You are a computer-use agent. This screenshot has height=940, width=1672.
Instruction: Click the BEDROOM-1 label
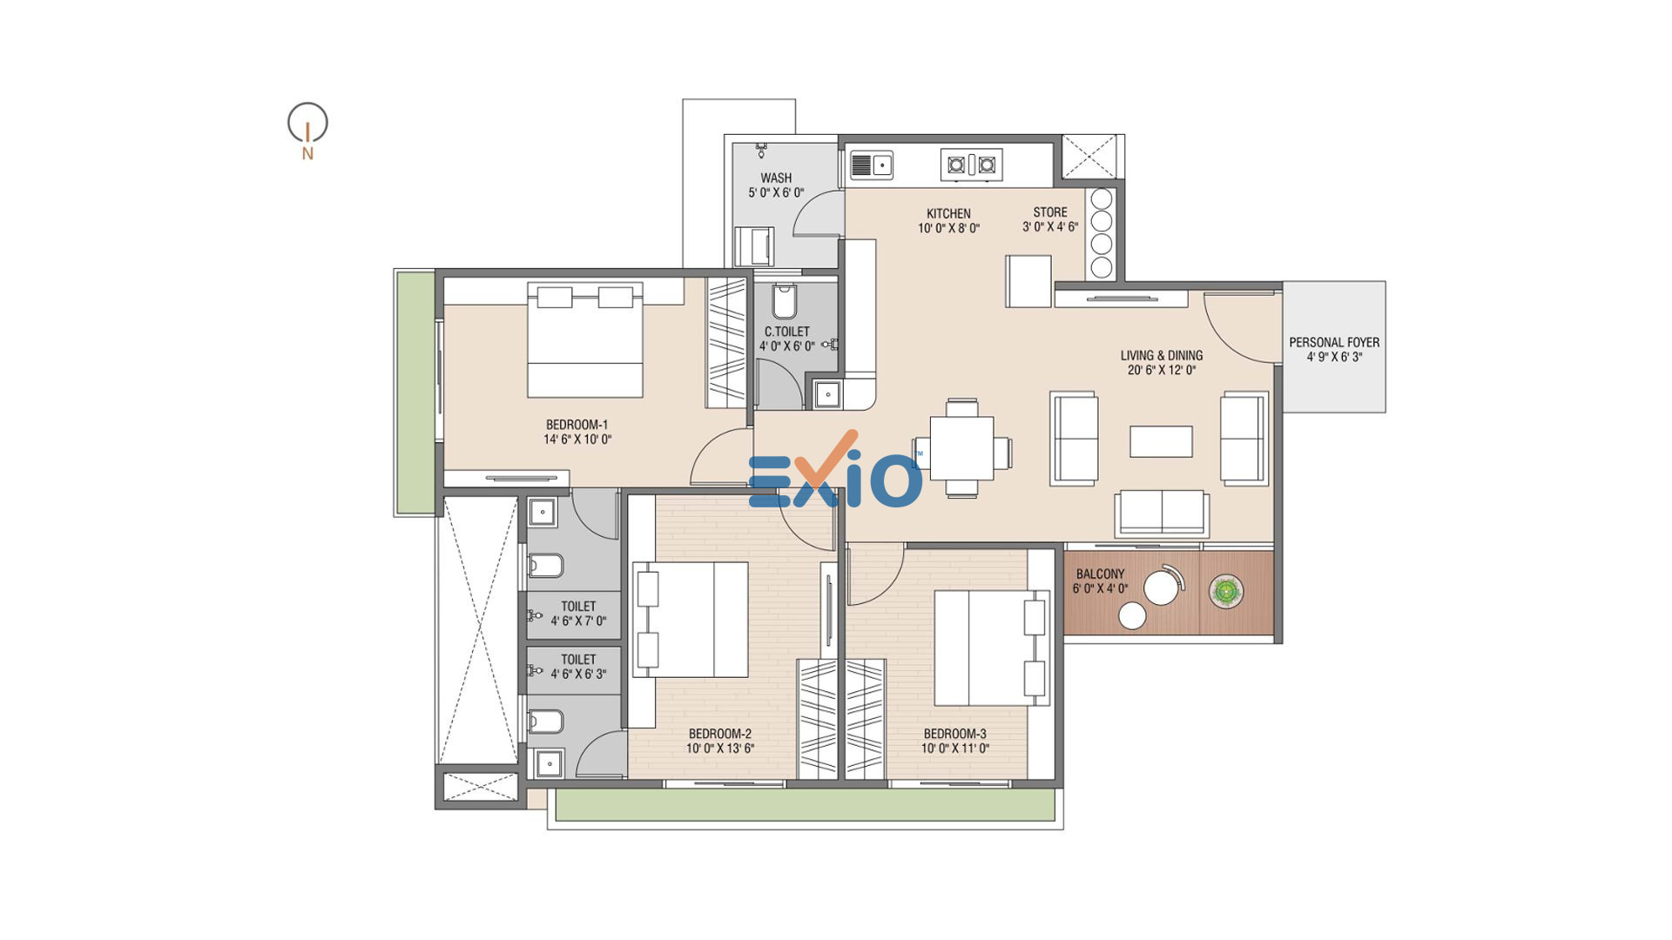(576, 425)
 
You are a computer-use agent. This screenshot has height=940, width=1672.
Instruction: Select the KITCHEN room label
(948, 213)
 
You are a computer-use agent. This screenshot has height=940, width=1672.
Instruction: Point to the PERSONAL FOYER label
(1334, 342)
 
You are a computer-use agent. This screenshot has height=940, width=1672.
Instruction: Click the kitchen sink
(871, 164)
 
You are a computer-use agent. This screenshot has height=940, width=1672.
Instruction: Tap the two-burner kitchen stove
(971, 164)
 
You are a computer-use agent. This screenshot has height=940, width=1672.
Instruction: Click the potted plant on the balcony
(1226, 592)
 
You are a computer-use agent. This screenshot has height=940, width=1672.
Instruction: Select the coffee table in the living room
(1161, 441)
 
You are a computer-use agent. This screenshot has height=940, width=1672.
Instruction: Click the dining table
(961, 447)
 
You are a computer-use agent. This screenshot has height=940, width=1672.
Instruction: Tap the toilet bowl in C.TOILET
(784, 301)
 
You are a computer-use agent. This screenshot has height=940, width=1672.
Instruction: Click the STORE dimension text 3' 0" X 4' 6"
(1050, 227)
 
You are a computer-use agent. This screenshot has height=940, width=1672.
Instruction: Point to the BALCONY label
(1100, 574)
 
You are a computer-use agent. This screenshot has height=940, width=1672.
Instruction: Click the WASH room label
(776, 178)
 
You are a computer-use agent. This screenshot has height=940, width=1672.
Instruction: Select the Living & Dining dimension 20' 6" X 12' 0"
(1162, 370)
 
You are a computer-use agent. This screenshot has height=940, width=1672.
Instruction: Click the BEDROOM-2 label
(719, 734)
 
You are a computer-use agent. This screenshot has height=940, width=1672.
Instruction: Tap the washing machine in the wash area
(754, 246)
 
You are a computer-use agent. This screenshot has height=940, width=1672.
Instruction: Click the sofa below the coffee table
(1162, 514)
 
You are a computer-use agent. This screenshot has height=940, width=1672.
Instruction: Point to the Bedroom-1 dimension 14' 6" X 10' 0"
(577, 440)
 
